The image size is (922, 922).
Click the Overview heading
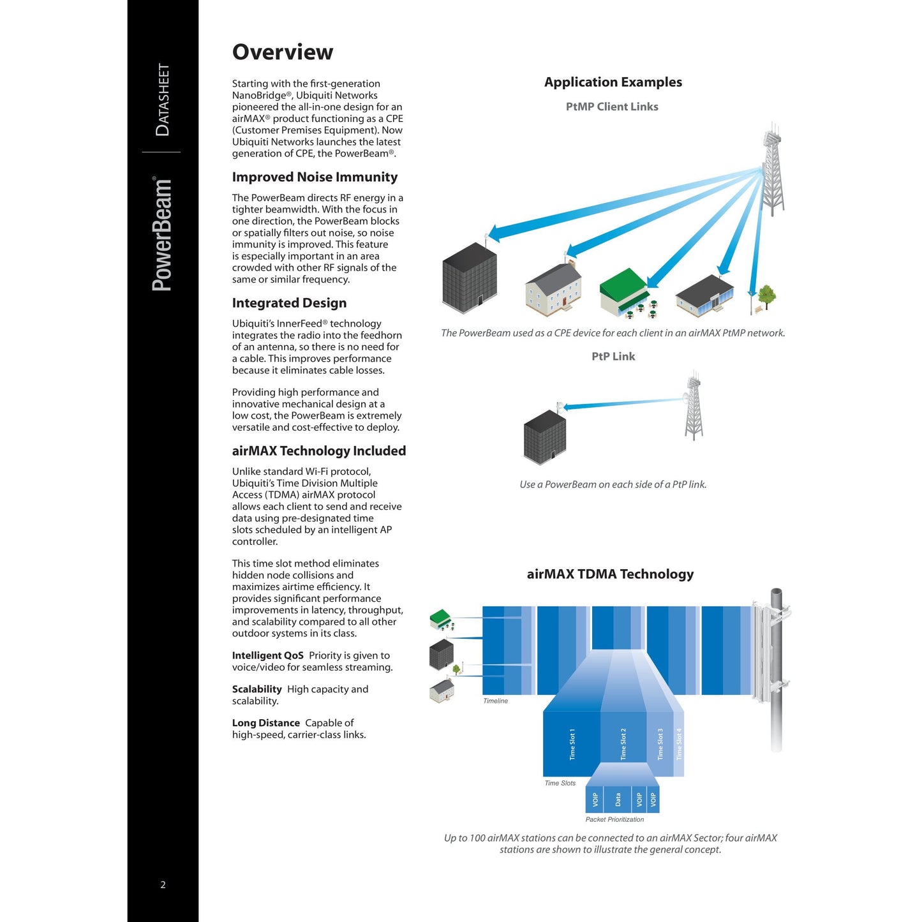point(282,52)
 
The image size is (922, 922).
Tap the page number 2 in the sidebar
point(163,884)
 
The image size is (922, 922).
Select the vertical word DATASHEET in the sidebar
point(163,100)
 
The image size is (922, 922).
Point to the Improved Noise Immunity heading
point(315,177)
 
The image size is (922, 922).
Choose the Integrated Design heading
point(289,303)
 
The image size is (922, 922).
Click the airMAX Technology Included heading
point(318,451)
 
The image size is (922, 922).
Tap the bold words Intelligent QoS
point(267,655)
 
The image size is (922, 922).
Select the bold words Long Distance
point(265,723)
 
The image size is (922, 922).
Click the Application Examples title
point(613,82)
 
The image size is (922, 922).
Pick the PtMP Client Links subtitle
point(612,107)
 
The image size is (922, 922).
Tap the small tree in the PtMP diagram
point(766,296)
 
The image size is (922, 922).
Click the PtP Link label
point(613,357)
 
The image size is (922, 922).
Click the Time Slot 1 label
point(572,744)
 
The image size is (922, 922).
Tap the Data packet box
point(618,799)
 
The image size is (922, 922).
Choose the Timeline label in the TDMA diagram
point(495,701)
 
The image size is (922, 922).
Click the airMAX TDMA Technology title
point(610,574)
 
